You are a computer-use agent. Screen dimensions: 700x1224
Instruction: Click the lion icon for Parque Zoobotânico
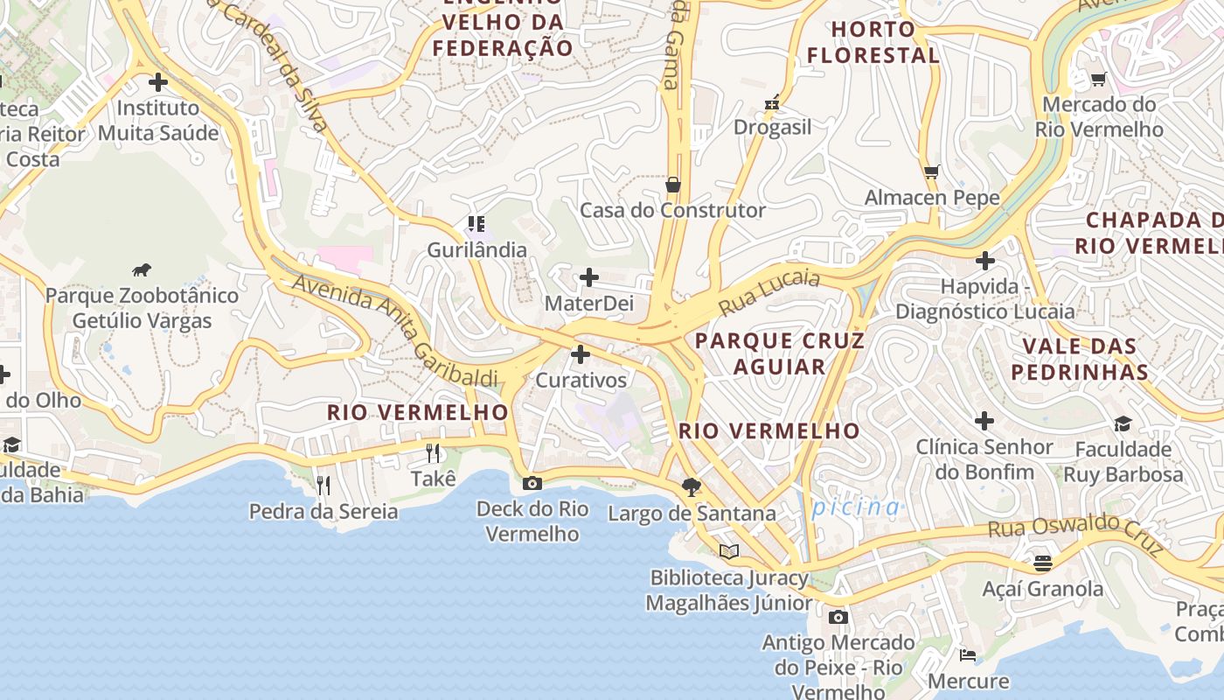pyautogui.click(x=142, y=269)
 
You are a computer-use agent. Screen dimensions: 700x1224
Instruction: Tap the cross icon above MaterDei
pyautogui.click(x=589, y=278)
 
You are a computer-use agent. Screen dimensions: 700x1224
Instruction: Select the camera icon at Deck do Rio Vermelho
pyautogui.click(x=532, y=483)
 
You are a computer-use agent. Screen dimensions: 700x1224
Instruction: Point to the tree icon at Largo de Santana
pyautogui.click(x=692, y=487)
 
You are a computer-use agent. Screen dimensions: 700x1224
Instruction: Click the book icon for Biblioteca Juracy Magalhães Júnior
pyautogui.click(x=729, y=551)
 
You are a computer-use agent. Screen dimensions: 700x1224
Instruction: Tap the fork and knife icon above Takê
pyautogui.click(x=433, y=452)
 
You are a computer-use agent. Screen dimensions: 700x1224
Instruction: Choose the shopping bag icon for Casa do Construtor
pyautogui.click(x=673, y=185)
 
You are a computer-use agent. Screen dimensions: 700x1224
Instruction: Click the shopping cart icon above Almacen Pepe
pyautogui.click(x=932, y=171)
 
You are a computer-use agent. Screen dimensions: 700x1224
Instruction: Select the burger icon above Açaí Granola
pyautogui.click(x=1042, y=563)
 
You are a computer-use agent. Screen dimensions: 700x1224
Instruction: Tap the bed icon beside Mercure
pyautogui.click(x=967, y=654)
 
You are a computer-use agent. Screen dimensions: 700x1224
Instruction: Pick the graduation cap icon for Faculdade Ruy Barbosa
pyautogui.click(x=1123, y=423)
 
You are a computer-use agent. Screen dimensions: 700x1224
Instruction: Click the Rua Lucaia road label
pyautogui.click(x=769, y=292)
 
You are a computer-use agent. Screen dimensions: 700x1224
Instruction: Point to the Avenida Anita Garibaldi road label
pyautogui.click(x=394, y=331)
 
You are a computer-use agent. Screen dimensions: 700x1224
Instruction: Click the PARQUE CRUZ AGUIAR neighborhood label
pyautogui.click(x=780, y=353)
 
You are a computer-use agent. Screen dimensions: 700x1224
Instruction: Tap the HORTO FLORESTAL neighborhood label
pyautogui.click(x=873, y=42)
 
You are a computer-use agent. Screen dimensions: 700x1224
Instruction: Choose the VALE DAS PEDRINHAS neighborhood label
pyautogui.click(x=1080, y=359)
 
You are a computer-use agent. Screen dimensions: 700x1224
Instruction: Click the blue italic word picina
pyautogui.click(x=855, y=507)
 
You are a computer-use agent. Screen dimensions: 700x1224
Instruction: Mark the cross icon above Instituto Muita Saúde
pyautogui.click(x=158, y=83)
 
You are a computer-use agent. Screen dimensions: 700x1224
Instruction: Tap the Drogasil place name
pyautogui.click(x=772, y=127)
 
